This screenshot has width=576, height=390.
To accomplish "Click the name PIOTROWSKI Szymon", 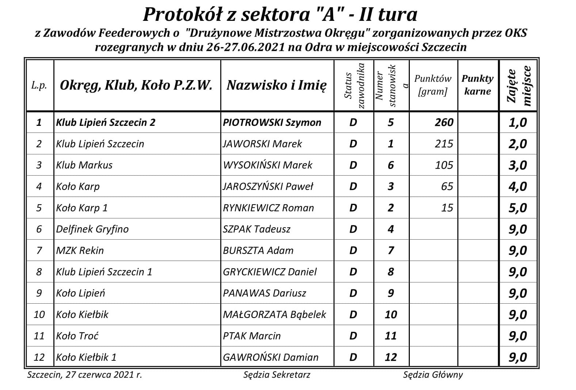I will [x=272, y=122].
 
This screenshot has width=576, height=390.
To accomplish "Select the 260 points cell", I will [x=444, y=122].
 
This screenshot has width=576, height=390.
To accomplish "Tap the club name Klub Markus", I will [x=84, y=165].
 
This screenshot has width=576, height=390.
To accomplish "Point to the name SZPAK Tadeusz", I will [x=256, y=229].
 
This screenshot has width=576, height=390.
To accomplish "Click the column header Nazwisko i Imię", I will [x=276, y=85].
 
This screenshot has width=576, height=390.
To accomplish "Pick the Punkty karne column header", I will [x=477, y=85].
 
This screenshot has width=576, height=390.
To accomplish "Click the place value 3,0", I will [x=518, y=165].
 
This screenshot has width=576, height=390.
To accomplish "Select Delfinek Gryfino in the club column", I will [x=92, y=229].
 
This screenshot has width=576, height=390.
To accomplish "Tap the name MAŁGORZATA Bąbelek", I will [x=274, y=315].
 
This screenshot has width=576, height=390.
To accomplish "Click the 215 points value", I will [x=444, y=144].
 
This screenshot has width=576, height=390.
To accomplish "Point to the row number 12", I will [x=39, y=357].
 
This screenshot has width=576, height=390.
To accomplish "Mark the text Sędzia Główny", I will [x=433, y=375].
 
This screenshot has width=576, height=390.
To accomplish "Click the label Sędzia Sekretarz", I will [x=277, y=375].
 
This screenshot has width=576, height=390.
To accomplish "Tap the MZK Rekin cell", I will [x=80, y=251].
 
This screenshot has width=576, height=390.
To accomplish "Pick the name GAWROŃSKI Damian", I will [x=270, y=357].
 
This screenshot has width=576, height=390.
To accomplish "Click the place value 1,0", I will [x=518, y=122].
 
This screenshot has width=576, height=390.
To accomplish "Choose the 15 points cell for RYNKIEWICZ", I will [x=447, y=208].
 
